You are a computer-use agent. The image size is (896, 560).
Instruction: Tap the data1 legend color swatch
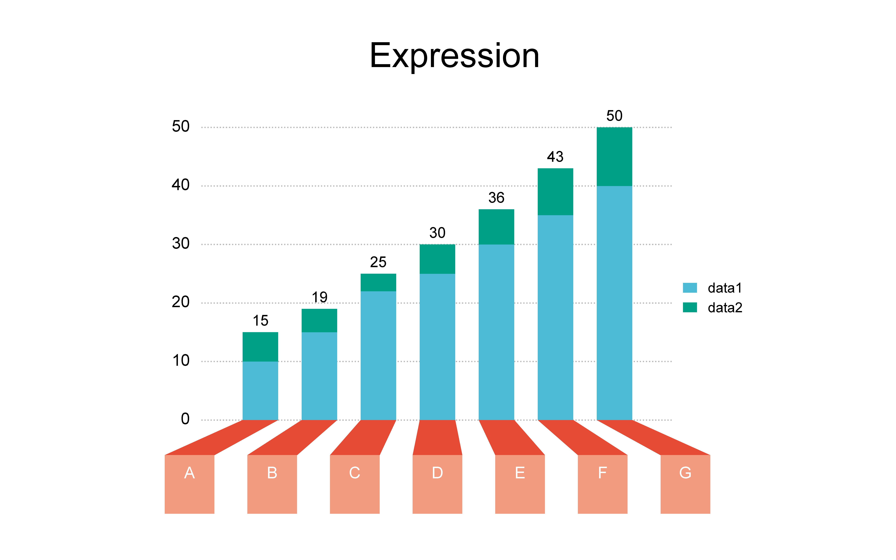(690, 288)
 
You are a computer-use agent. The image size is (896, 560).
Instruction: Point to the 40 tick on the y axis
(181, 185)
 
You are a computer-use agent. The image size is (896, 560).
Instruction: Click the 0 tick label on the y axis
(185, 419)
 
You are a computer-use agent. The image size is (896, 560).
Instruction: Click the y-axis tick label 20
(181, 302)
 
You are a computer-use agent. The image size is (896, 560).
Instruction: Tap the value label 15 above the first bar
(260, 320)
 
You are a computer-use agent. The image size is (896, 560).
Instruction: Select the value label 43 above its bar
(555, 157)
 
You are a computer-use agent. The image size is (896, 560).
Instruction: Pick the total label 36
(496, 197)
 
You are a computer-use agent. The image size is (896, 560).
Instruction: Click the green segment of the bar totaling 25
(378, 283)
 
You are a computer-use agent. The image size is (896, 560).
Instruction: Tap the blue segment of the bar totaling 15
(260, 391)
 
